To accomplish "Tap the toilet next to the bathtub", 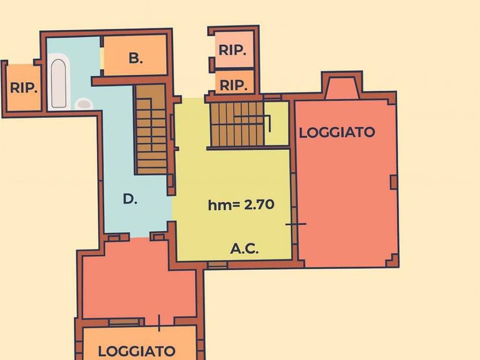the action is pyautogui.click(x=84, y=104).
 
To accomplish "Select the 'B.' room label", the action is pyautogui.click(x=135, y=58).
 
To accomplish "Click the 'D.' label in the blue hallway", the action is pyautogui.click(x=130, y=199).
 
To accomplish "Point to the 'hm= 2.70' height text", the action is pyautogui.click(x=241, y=204).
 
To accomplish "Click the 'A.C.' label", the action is pyautogui.click(x=244, y=248).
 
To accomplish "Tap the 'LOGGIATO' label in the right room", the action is pyautogui.click(x=337, y=133).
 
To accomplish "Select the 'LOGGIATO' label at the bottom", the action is pyautogui.click(x=136, y=351).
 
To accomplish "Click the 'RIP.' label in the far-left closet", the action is pyautogui.click(x=24, y=88).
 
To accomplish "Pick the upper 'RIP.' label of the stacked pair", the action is pyautogui.click(x=232, y=50).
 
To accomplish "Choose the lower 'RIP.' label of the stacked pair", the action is pyautogui.click(x=233, y=85).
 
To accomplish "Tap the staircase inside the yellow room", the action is pyautogui.click(x=237, y=124).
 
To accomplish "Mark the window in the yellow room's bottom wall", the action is pyautogui.click(x=217, y=265).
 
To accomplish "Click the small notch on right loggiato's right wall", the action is pyautogui.click(x=394, y=182).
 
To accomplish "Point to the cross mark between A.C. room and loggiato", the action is pyautogui.click(x=296, y=224).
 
